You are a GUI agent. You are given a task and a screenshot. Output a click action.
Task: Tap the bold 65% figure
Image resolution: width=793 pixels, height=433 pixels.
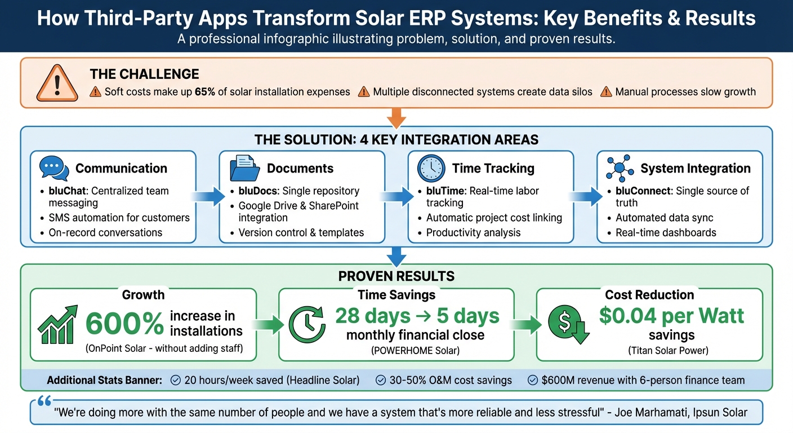pos(206,92)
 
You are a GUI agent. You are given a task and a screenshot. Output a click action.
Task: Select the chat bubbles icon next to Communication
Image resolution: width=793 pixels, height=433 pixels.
pos(54,168)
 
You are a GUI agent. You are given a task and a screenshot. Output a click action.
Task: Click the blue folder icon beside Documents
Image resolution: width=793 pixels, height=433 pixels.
pos(244,168)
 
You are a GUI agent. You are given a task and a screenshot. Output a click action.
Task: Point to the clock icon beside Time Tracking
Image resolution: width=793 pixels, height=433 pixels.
pos(431,168)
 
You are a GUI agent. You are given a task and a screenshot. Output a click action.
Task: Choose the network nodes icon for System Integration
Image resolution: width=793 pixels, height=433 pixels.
pos(620,168)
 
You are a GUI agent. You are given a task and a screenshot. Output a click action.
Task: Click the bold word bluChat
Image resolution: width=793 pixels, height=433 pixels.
pos(68,191)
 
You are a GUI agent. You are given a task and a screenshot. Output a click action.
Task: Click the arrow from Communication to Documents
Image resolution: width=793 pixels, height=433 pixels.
pos(207,196)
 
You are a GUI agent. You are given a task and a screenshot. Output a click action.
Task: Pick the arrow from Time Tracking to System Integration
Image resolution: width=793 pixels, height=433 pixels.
pos(585,196)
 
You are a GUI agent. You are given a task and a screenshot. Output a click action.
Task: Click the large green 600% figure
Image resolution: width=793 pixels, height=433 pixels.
pos(124,324)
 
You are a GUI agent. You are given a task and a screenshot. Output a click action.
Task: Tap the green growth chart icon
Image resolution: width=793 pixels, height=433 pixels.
pos(57,324)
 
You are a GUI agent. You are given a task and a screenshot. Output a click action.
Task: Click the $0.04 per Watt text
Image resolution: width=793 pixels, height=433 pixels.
pos(671,316)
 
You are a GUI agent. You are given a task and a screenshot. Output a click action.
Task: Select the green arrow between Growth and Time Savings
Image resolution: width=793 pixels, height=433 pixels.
pos(267,324)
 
